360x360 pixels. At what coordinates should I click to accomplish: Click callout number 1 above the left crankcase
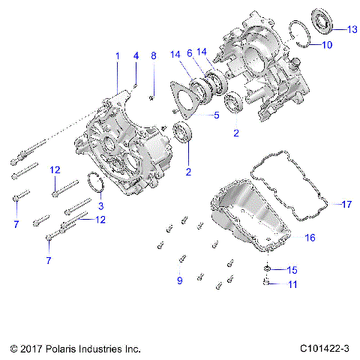coord(117,56)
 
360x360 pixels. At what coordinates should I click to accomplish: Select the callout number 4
coord(136,56)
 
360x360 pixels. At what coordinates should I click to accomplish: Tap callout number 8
coord(153,56)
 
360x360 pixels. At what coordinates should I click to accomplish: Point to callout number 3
coord(102,205)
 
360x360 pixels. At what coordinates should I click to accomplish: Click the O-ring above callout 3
coord(94,183)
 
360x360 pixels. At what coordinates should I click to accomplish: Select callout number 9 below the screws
coord(179,280)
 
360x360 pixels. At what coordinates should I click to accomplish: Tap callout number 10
coord(327,45)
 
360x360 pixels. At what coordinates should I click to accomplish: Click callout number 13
coord(352,29)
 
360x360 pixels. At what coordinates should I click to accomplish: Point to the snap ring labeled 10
coord(300,33)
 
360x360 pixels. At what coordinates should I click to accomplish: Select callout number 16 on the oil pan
coord(309,237)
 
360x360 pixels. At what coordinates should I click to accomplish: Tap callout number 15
coord(293,268)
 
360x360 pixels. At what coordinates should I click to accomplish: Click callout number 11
coord(293,284)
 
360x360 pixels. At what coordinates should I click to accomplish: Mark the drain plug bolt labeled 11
coord(265,283)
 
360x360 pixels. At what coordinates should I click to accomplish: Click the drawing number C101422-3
coord(325,349)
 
